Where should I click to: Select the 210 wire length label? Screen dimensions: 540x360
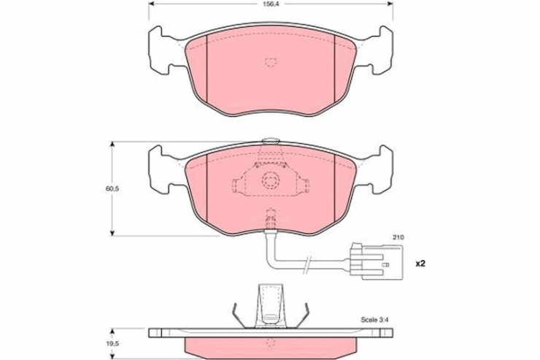coord(399,237)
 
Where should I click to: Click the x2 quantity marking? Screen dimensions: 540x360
coord(420,264)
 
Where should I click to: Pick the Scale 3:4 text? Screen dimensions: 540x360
coord(374,320)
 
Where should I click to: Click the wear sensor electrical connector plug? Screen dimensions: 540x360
coord(375,261)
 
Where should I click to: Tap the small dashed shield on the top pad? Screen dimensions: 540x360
coord(270,62)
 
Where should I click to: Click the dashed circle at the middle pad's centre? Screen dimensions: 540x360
coord(270,180)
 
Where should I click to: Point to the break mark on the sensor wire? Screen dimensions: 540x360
coord(307,265)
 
